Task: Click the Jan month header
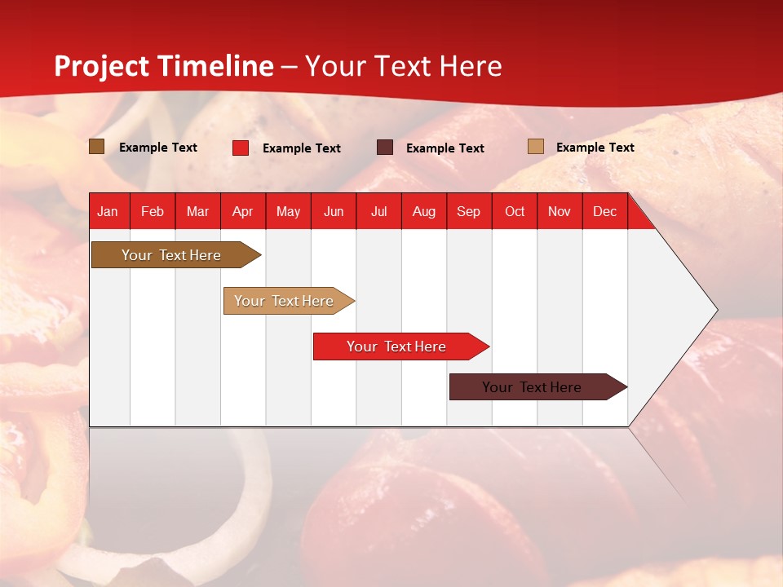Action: (x=108, y=211)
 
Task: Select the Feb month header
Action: (x=153, y=211)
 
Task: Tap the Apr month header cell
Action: (x=243, y=211)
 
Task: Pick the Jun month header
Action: (x=334, y=211)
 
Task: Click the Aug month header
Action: (x=424, y=211)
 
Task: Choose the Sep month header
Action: (x=469, y=211)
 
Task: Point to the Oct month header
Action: (x=515, y=211)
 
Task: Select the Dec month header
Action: (x=604, y=211)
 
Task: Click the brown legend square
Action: (x=96, y=147)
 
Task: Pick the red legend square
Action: (x=241, y=148)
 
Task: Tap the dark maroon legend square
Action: (x=385, y=148)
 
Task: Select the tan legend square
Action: (x=535, y=147)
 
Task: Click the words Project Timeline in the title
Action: (x=164, y=66)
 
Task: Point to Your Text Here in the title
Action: (x=404, y=66)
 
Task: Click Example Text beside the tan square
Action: (x=595, y=147)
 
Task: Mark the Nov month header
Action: (x=560, y=211)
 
